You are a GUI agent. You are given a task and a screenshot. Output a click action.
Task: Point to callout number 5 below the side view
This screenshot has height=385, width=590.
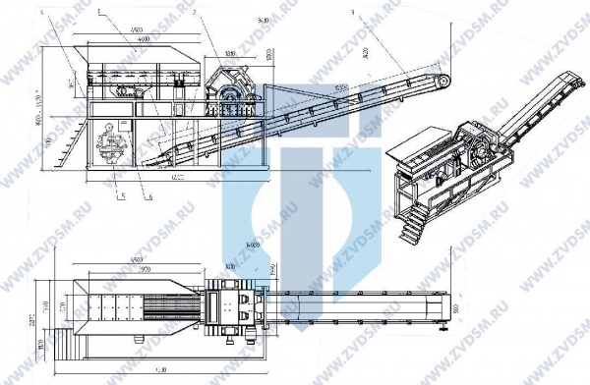(x=120, y=196)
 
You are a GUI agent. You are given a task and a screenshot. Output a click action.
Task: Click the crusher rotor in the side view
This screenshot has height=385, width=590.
(x=232, y=86)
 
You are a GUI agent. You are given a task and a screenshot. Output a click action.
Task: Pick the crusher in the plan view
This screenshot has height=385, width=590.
(x=236, y=309)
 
